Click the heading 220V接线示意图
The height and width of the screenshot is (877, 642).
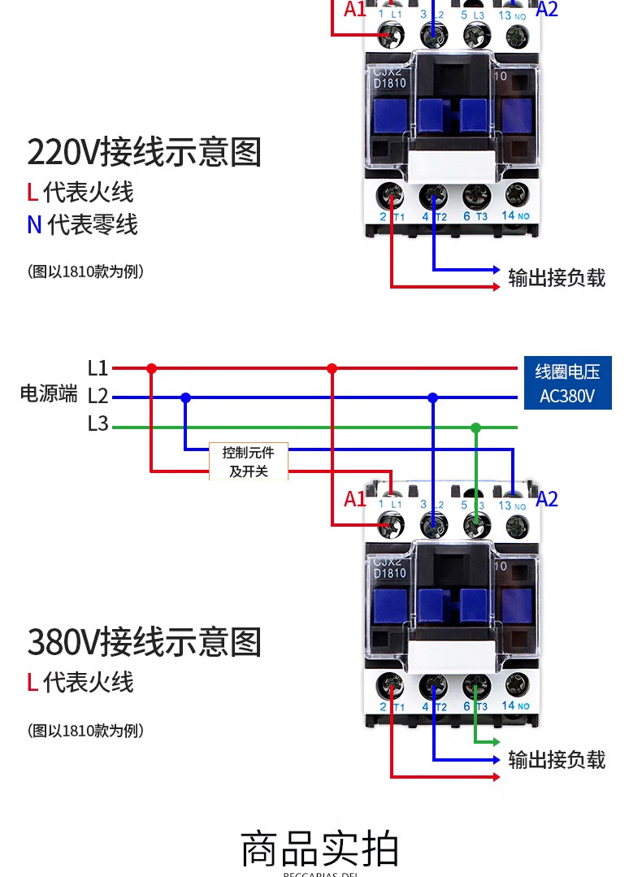tap(145, 152)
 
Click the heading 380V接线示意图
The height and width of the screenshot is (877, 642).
tap(145, 642)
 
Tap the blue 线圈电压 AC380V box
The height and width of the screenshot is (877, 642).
tap(567, 383)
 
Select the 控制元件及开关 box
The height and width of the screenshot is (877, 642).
tap(248, 461)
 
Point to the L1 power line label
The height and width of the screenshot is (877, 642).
tap(98, 368)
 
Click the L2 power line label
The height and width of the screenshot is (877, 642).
tap(98, 397)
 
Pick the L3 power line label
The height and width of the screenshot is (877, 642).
tap(98, 423)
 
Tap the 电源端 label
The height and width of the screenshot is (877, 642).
tap(49, 394)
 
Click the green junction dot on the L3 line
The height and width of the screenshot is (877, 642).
tap(476, 428)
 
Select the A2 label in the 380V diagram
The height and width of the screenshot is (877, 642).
tap(547, 499)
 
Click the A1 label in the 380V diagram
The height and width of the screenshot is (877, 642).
tap(355, 499)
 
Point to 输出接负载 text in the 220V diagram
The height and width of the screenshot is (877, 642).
tap(557, 278)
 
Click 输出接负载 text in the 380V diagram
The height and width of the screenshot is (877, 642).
tap(557, 760)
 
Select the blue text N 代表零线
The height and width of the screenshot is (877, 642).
tap(82, 224)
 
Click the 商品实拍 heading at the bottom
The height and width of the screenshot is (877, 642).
tap(320, 849)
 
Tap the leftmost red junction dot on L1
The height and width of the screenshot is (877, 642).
tap(151, 368)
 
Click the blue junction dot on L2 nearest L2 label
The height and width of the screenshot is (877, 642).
tap(186, 397)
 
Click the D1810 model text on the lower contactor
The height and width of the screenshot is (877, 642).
tap(390, 573)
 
